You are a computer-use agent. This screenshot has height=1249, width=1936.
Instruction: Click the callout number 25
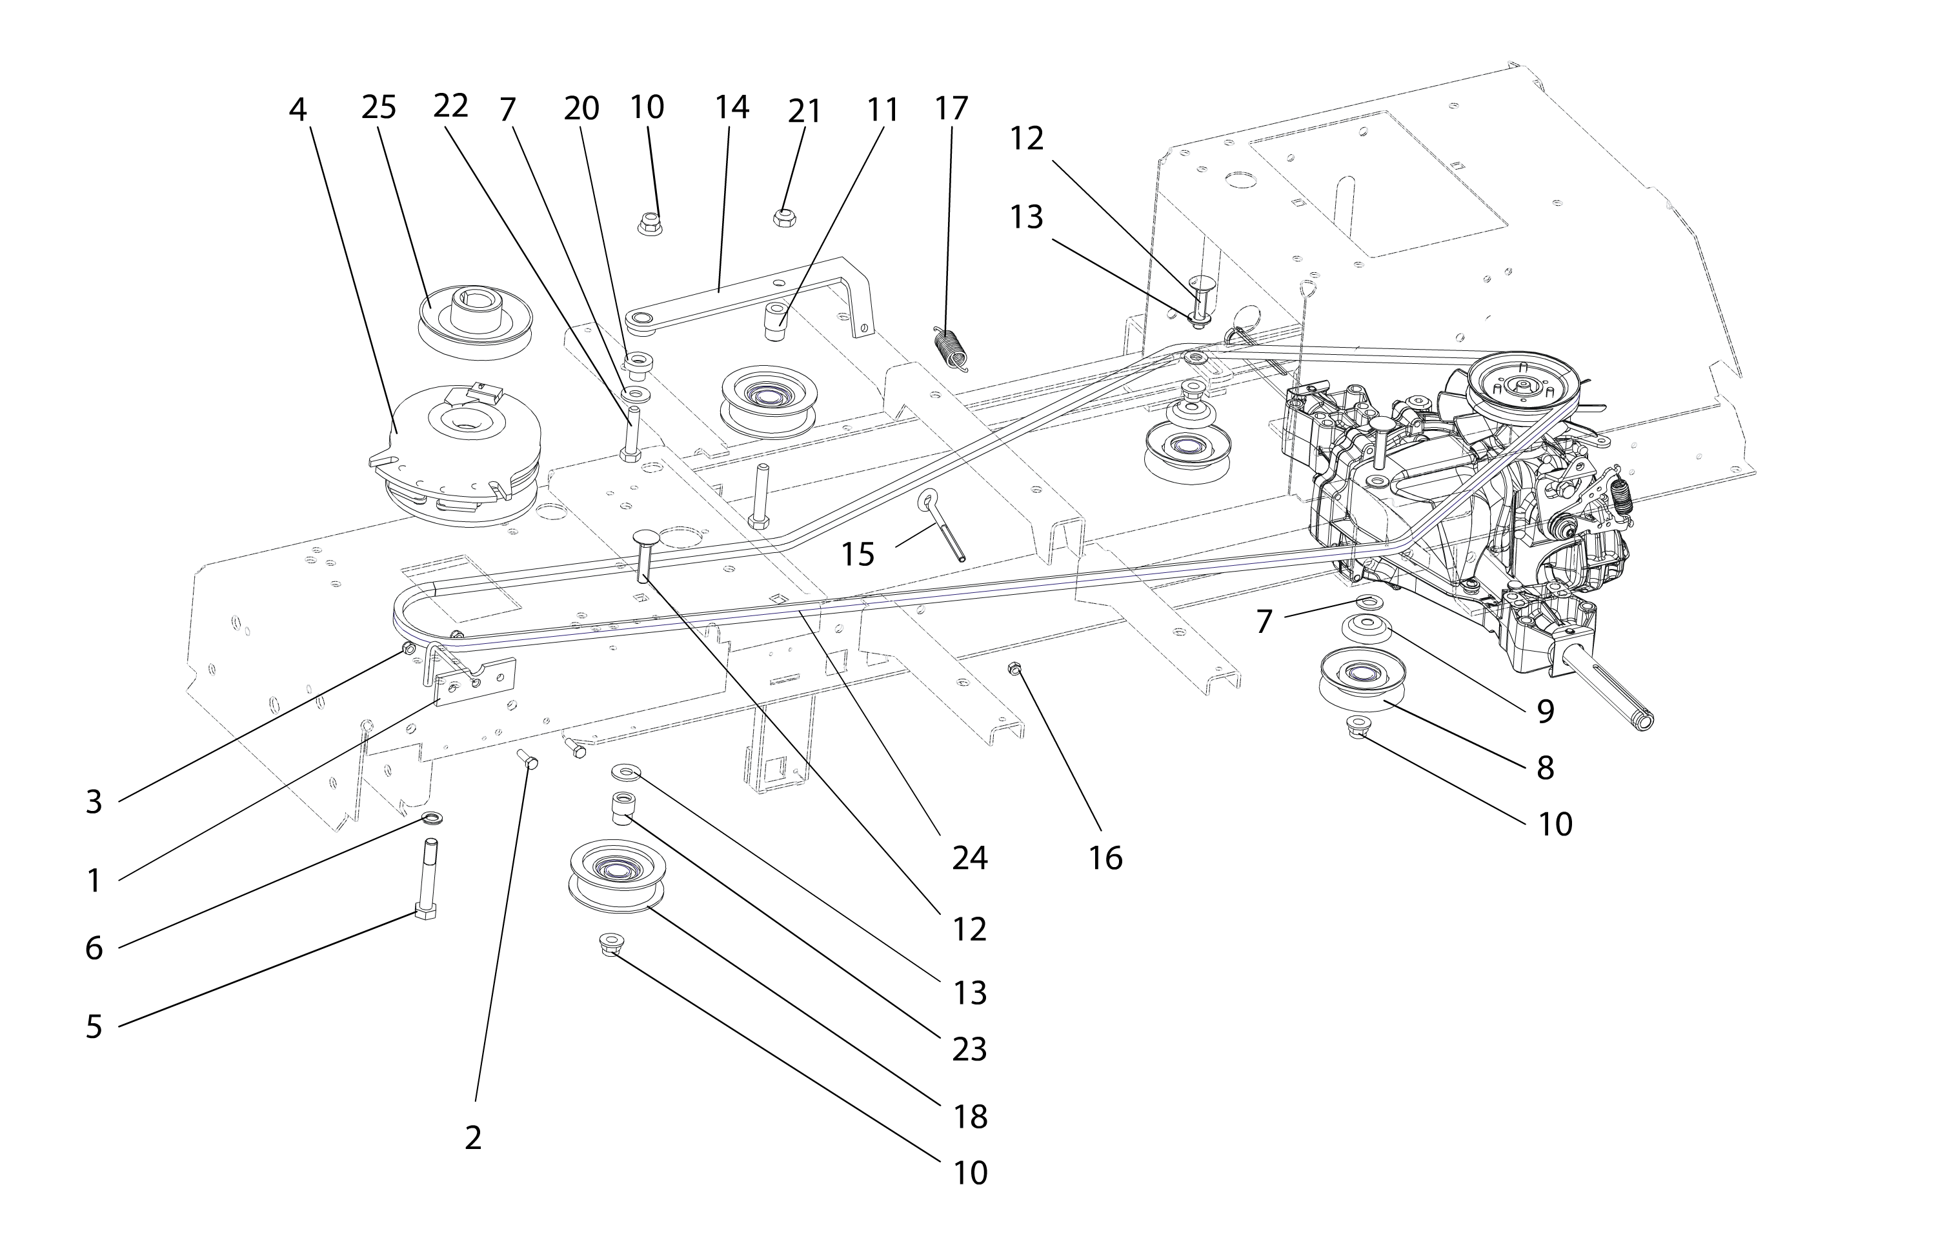pyautogui.click(x=379, y=107)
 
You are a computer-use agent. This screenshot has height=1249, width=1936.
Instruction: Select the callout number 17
pyautogui.click(x=951, y=108)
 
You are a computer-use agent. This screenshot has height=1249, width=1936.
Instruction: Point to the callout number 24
pyautogui.click(x=969, y=857)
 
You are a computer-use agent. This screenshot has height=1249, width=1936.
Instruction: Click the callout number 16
pyautogui.click(x=1105, y=857)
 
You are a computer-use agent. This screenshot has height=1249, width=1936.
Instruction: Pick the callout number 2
pyautogui.click(x=473, y=1138)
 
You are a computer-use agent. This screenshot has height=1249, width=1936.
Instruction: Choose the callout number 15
pyautogui.click(x=857, y=555)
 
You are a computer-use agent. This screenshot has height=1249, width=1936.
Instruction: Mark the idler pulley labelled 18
pyautogui.click(x=617, y=876)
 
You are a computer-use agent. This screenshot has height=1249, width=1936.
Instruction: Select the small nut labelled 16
pyautogui.click(x=1014, y=668)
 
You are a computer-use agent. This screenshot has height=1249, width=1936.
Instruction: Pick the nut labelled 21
pyautogui.click(x=783, y=217)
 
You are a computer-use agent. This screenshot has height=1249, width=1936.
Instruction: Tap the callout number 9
pyautogui.click(x=1545, y=712)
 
